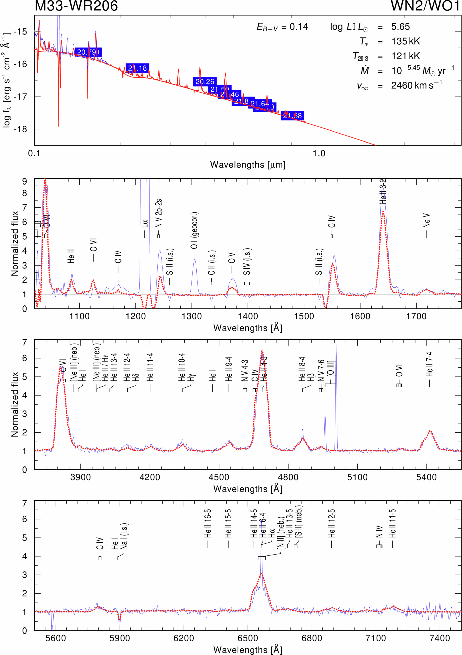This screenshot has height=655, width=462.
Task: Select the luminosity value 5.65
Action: click(x=400, y=27)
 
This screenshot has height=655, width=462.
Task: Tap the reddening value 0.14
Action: click(x=299, y=27)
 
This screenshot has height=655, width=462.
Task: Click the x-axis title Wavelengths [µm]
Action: click(x=248, y=165)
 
